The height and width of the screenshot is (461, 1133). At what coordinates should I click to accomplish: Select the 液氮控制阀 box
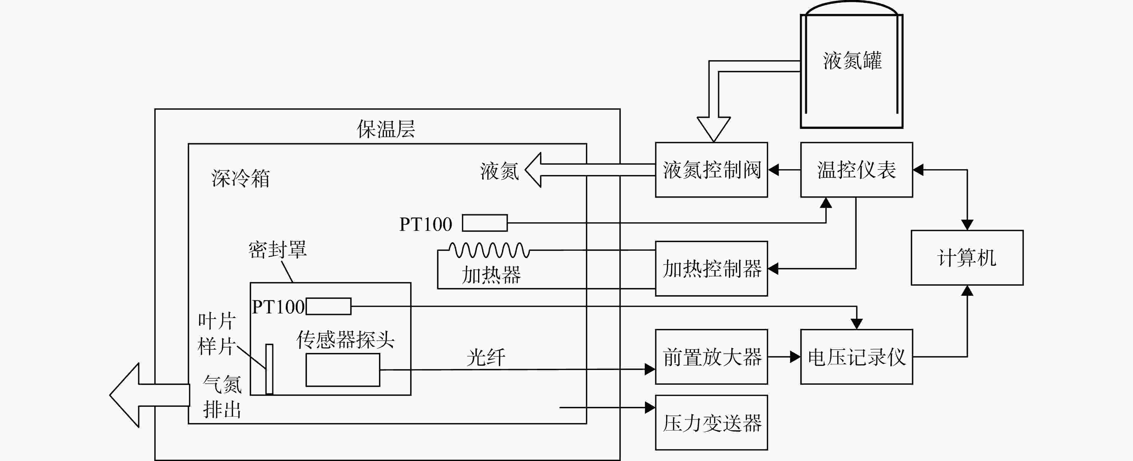tap(711, 170)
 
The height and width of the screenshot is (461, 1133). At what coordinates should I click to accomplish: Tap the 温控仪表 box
tap(856, 170)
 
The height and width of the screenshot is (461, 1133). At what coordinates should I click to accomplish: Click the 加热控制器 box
tap(711, 269)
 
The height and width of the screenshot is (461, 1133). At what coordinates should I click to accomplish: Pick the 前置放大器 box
tap(711, 357)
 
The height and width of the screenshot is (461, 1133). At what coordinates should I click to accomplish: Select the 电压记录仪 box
tap(856, 357)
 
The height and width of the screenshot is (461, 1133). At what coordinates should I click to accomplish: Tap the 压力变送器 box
tap(711, 422)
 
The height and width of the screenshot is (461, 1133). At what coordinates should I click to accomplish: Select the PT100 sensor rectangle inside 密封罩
tap(329, 306)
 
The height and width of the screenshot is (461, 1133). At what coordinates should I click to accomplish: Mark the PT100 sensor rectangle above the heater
tap(485, 223)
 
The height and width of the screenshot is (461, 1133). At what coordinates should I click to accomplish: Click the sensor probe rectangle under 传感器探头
tap(343, 370)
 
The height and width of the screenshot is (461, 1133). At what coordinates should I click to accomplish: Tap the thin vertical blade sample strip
tap(269, 369)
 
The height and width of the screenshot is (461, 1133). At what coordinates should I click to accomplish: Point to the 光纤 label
tap(486, 357)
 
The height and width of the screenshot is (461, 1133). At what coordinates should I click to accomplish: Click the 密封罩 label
tap(278, 250)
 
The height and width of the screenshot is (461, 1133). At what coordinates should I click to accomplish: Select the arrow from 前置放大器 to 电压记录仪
tap(784, 357)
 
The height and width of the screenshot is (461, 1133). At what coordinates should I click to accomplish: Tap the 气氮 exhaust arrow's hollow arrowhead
tap(124, 395)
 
